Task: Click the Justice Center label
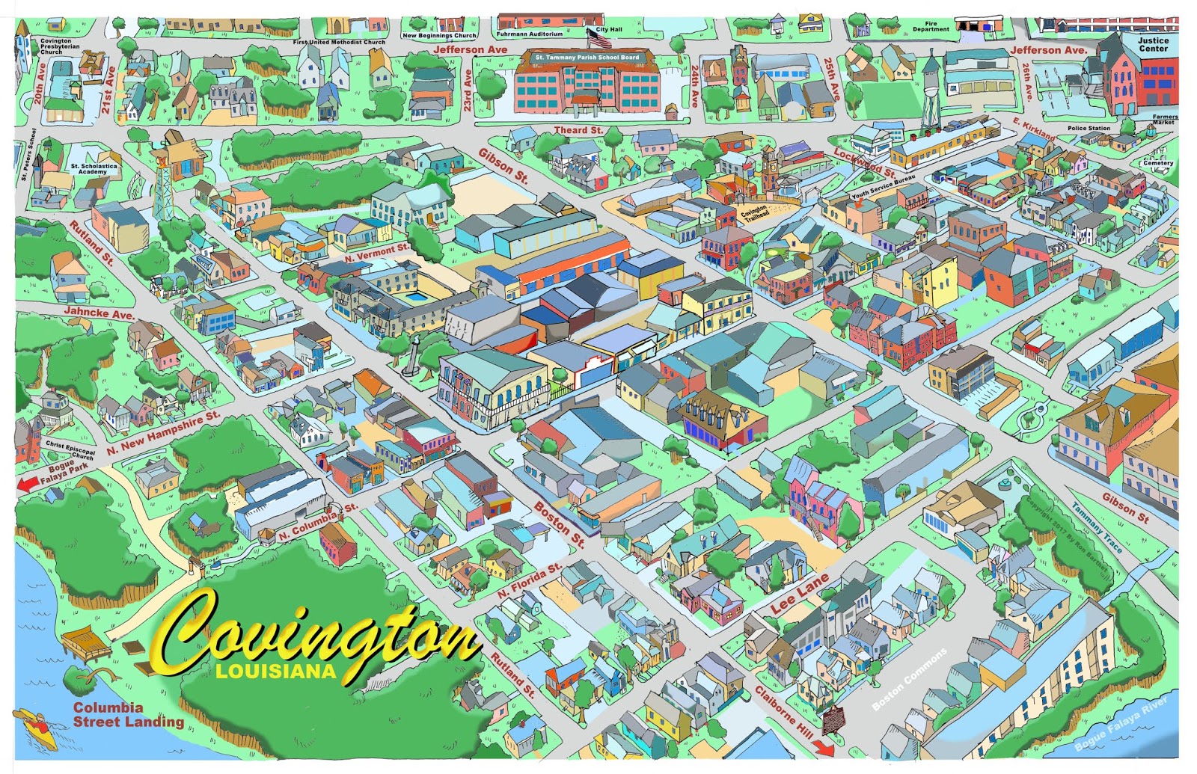tap(1153, 45)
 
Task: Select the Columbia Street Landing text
tap(128, 715)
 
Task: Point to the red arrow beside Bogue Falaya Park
tap(28, 484)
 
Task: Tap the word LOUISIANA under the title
tap(276, 671)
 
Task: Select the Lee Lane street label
tap(799, 595)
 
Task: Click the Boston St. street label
tap(559, 523)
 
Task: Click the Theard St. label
tap(578, 130)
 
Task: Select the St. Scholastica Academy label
tap(94, 169)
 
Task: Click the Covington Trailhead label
tap(754, 214)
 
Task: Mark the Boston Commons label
tap(909, 679)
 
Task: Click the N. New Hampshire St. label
tap(163, 432)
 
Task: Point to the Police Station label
tap(1089, 129)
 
